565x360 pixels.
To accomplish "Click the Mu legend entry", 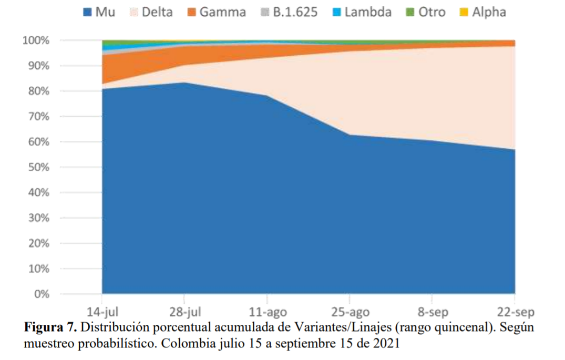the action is (x=99, y=12).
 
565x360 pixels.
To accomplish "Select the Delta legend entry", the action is (x=151, y=12).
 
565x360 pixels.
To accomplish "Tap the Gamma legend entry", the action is (x=217, y=12).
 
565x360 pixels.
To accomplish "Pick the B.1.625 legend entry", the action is (x=290, y=12).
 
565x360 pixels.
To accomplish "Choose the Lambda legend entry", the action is (x=362, y=12).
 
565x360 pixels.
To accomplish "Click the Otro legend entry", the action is (x=426, y=12).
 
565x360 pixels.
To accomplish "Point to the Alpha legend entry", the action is (x=483, y=12).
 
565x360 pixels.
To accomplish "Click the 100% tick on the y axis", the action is (x=36, y=40).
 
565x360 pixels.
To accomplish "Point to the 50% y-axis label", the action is (x=39, y=167).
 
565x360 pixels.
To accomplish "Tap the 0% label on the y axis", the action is (x=42, y=294).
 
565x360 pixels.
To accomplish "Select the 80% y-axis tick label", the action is (x=39, y=91).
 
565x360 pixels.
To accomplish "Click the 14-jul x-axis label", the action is (x=102, y=312).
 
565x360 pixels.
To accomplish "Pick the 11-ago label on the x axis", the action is (x=268, y=312).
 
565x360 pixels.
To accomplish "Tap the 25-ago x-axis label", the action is (x=350, y=312).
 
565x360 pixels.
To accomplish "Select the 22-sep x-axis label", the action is (x=516, y=312).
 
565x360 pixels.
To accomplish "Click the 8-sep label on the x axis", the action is (x=433, y=312).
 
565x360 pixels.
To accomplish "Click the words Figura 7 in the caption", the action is (x=50, y=327).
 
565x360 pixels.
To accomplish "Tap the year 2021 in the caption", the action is (x=386, y=343).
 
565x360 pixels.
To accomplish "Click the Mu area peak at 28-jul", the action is (x=184, y=83).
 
